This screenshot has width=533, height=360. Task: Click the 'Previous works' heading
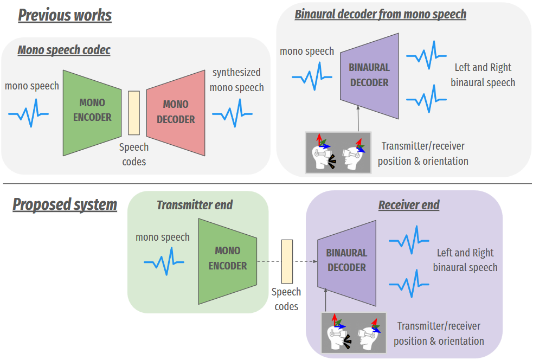65,15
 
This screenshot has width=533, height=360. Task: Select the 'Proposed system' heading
65,204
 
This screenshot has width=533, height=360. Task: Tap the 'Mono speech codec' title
64,50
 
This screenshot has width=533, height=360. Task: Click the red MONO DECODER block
176,113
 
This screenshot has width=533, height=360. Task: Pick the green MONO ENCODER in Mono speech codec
92,113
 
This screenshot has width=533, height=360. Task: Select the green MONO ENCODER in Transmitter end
227,261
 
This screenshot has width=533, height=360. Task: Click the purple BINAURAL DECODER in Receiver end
346,263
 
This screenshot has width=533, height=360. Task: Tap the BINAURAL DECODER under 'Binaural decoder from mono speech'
369,76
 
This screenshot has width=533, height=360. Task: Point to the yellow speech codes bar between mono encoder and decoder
134,113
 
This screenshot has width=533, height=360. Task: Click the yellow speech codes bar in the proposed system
287,261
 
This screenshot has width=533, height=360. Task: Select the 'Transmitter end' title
195,205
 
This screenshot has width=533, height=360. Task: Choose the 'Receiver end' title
409,205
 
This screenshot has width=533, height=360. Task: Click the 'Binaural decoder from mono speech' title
381,14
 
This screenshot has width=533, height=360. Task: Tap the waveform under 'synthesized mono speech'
232,113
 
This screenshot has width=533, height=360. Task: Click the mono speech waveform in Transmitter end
164,261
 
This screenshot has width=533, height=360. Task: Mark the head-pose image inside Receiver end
354,333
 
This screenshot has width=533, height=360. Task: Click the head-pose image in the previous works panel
338,153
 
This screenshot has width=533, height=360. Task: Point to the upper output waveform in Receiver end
409,240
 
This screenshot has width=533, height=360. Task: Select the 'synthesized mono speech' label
236,80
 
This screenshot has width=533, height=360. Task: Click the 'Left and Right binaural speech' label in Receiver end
465,260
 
